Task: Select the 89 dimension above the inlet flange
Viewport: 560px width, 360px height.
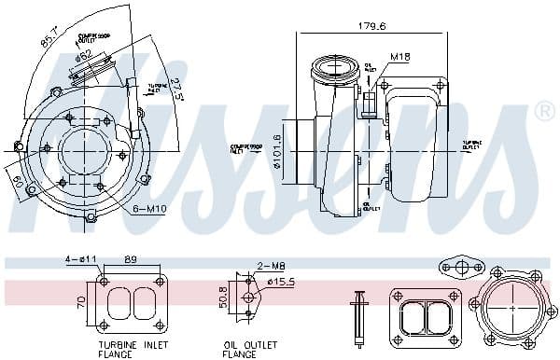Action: point(131,260)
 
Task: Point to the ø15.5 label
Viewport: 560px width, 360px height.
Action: point(281,280)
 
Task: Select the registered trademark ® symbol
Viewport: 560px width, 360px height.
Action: point(543,113)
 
